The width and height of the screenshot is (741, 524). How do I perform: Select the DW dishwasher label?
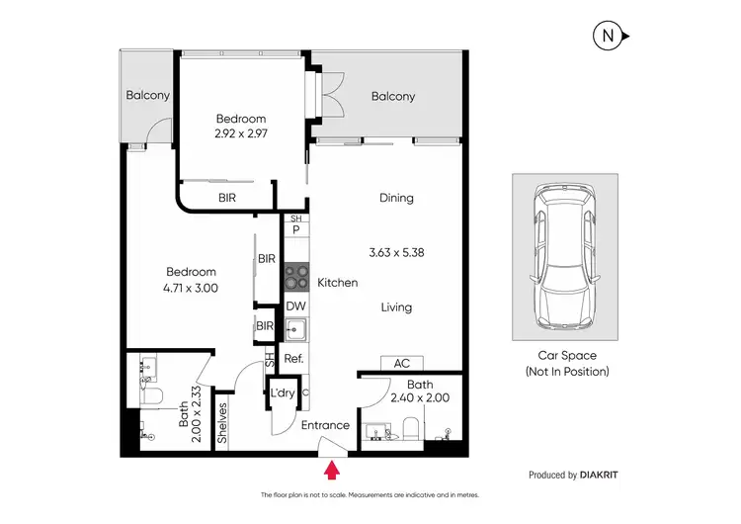295,306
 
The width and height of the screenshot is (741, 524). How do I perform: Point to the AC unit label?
401,363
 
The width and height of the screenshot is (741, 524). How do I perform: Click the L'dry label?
283,393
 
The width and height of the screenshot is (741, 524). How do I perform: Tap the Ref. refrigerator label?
293,359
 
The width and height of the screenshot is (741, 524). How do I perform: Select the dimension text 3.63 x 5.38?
395,252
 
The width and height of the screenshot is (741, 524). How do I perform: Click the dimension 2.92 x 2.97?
243,132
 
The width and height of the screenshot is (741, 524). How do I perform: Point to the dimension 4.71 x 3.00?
191,288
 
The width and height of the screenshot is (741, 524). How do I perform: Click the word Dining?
396,198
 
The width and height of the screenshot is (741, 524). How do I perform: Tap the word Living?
396,307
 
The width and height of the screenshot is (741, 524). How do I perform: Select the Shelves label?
223,420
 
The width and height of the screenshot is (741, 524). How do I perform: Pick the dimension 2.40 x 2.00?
420,398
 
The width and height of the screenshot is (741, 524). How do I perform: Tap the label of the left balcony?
148,96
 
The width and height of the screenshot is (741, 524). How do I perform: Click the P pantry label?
295,229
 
